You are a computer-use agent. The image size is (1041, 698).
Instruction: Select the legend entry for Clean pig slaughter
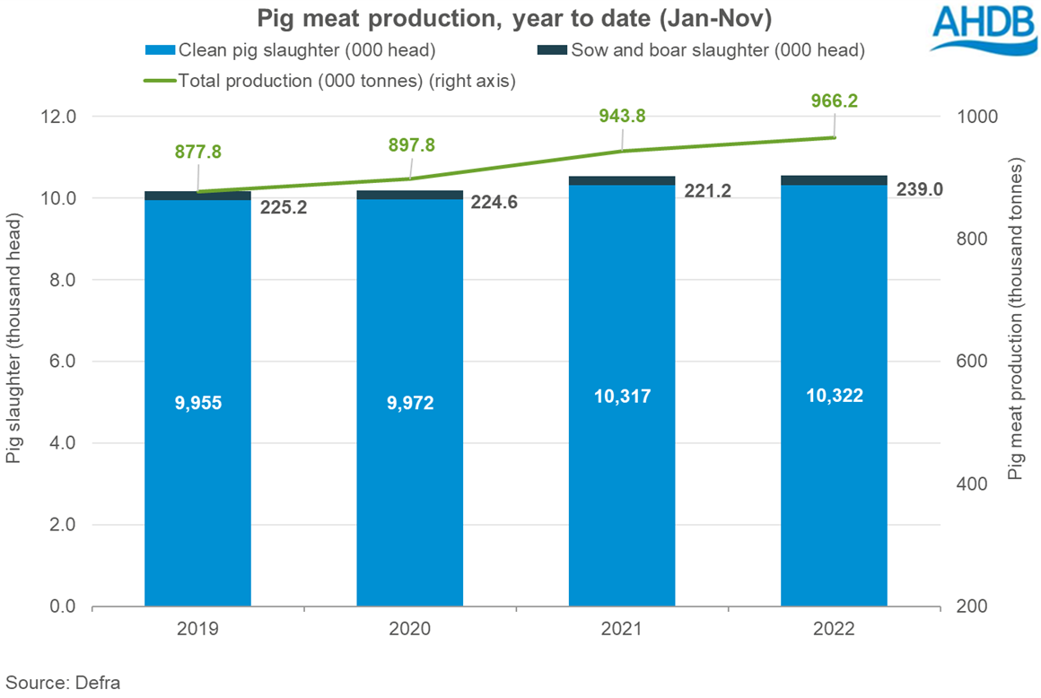(x=290, y=50)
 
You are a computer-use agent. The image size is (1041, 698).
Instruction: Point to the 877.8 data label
(x=197, y=152)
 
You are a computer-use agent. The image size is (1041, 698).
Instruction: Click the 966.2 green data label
(x=835, y=101)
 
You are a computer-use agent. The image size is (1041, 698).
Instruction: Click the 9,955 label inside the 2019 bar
(x=197, y=403)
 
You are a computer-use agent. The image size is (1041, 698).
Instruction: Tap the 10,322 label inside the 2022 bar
(x=834, y=395)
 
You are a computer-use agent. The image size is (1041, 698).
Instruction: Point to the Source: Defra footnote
(x=63, y=681)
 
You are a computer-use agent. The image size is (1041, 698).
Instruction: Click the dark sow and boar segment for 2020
(x=409, y=195)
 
